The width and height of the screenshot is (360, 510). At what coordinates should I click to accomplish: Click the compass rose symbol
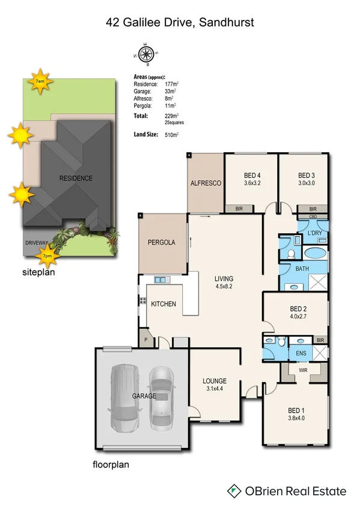click(145, 54)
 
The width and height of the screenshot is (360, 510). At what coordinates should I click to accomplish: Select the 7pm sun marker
click(46, 257)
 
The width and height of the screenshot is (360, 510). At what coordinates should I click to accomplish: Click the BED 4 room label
click(251, 176)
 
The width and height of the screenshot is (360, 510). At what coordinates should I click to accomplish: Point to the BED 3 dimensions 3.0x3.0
click(307, 183)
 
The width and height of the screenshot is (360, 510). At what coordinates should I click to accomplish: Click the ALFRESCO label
click(206, 183)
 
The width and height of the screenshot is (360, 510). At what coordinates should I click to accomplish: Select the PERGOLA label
click(161, 242)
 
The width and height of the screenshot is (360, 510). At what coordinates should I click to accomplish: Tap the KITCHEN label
click(163, 304)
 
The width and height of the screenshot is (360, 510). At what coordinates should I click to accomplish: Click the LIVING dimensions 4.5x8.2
click(224, 286)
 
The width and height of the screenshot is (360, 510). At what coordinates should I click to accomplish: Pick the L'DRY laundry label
click(314, 233)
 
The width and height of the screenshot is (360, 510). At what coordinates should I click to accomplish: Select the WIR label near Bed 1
click(303, 370)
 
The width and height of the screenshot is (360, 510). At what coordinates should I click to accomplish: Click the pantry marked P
click(145, 340)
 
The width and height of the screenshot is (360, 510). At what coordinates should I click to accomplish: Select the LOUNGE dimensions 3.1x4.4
click(214, 389)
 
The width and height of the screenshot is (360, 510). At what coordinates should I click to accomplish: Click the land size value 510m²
click(172, 135)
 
